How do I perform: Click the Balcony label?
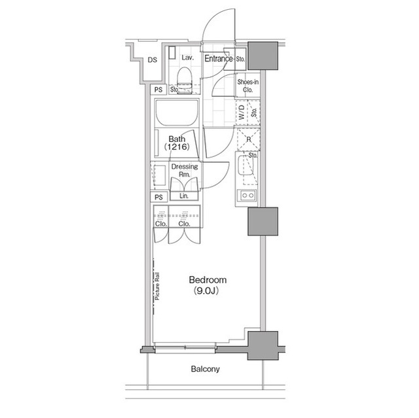[205, 369]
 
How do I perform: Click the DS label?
[152, 60]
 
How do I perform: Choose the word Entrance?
[219, 59]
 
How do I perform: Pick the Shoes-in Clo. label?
[248, 86]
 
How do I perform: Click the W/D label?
[241, 113]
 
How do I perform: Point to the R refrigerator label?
[249, 139]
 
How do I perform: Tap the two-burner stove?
[248, 195]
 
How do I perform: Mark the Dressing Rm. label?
[184, 171]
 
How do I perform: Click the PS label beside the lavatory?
[158, 90]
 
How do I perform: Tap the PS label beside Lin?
[158, 197]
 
